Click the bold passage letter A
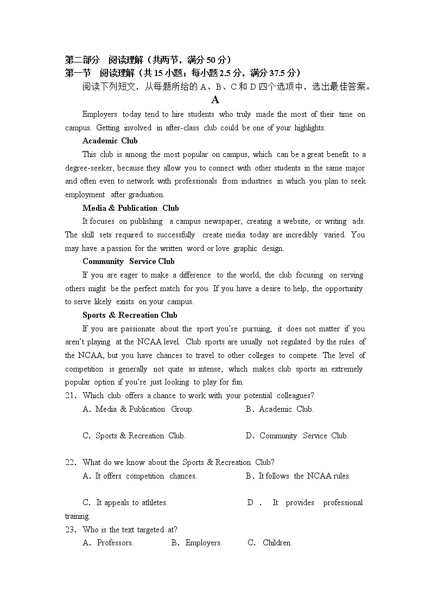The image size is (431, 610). (215, 100)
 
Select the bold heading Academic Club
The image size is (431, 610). (110, 141)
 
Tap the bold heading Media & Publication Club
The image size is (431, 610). (130, 208)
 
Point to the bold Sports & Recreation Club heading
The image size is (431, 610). (130, 315)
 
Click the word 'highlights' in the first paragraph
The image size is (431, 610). (309, 128)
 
